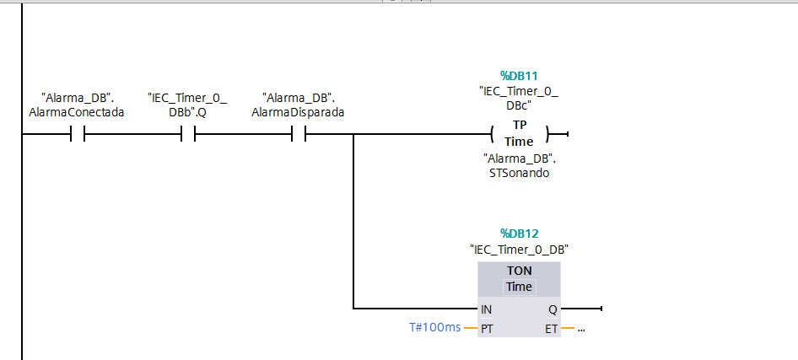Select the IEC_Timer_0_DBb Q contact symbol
188,134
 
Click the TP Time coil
519,134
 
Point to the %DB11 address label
519,76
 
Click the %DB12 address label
519,234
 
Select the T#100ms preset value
434,328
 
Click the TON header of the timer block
519,271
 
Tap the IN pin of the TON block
486,309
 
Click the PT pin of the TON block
487,328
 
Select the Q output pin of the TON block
552,309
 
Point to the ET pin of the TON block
551,328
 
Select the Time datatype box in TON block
519,287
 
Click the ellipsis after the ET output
581,329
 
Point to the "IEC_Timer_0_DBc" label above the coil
519,98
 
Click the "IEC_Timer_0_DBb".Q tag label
188,105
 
